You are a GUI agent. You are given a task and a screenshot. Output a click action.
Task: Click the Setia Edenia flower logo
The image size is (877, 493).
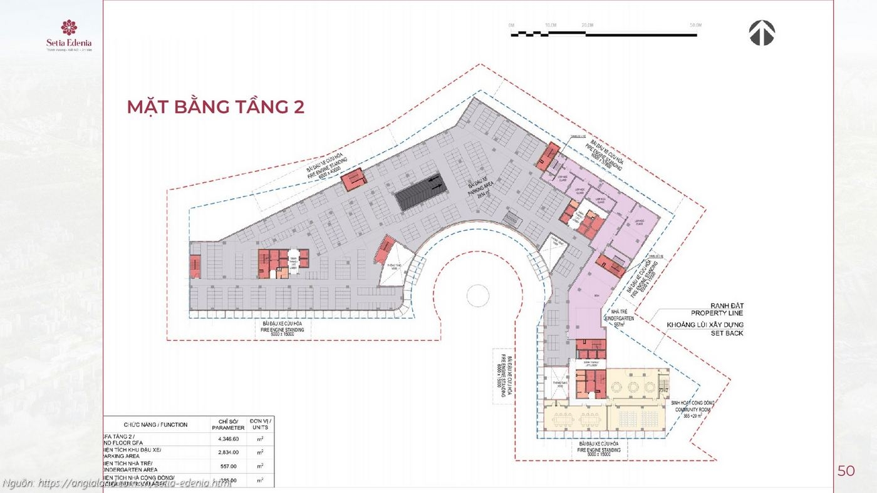coord(69,28)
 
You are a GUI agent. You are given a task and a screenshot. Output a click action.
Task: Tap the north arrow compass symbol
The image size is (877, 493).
coord(762,33)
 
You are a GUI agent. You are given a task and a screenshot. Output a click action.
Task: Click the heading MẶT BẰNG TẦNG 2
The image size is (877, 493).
coord(215,107)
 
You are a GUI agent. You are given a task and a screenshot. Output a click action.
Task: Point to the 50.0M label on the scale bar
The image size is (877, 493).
coord(695,26)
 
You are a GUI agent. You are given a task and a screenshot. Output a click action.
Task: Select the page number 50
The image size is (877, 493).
coord(846,471)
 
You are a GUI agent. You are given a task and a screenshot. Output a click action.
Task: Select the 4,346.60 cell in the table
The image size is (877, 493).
coord(227,439)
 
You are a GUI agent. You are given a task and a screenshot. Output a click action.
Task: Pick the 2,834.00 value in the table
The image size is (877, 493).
coord(227,452)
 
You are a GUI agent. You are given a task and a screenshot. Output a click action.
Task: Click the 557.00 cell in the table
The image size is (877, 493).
coord(227,466)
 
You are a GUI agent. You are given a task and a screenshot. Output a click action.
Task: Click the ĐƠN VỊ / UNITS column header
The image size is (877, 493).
coord(259,425)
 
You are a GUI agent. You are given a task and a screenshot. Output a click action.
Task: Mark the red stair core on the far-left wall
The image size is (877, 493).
coord(195,266)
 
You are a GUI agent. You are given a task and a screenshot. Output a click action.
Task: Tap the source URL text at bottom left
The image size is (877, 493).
coord(117,483)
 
